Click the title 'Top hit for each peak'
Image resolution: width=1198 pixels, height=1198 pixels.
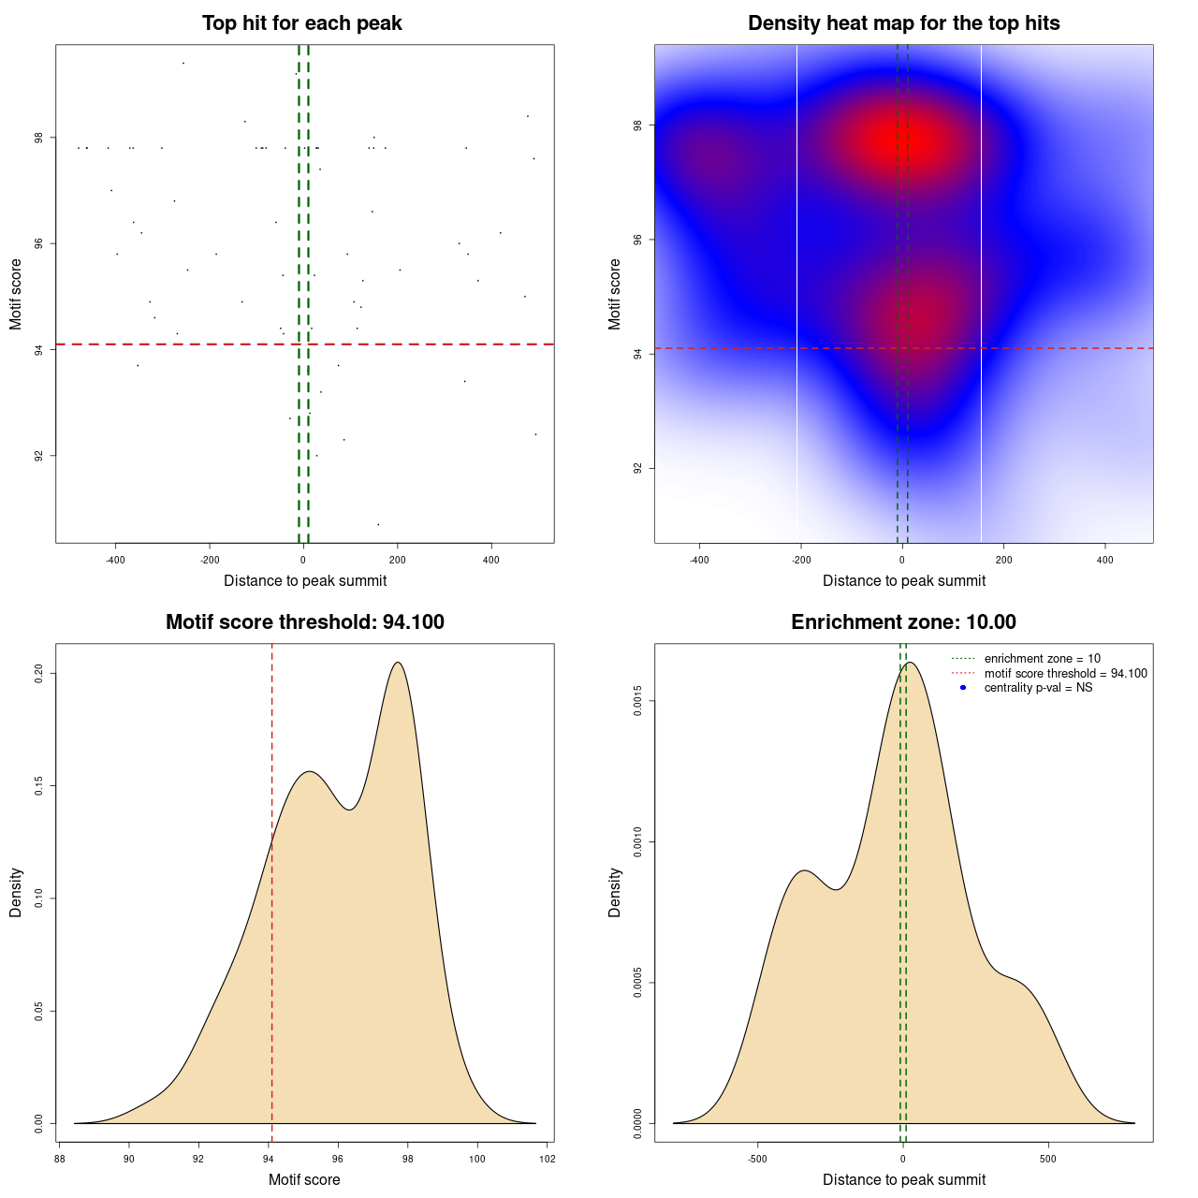pos(301,23)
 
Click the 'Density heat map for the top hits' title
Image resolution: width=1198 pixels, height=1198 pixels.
pos(903,23)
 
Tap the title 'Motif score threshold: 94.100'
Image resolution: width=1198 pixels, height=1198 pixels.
pos(304,622)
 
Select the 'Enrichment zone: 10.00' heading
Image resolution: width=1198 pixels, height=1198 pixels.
pos(903,622)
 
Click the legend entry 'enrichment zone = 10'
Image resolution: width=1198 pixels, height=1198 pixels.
pos(1042,659)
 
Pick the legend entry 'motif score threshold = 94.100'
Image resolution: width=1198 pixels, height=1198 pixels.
pos(1065,674)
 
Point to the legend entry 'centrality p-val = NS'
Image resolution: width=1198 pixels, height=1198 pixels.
pos(1038,688)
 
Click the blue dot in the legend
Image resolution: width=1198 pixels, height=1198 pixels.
pos(963,688)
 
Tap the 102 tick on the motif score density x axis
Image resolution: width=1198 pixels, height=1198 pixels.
pos(548,1159)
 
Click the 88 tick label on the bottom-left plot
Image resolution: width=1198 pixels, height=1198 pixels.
pos(60,1159)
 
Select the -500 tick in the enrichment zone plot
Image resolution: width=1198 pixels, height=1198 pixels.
pos(757,1159)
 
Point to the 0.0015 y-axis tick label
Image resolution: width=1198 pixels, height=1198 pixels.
pos(638,702)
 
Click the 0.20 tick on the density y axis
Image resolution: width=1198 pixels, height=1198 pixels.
pos(39,674)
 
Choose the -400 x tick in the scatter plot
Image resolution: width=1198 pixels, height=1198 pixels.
pos(115,560)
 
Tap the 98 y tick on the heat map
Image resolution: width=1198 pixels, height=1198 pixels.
pos(638,125)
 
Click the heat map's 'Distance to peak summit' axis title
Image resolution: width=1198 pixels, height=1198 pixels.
pos(903,580)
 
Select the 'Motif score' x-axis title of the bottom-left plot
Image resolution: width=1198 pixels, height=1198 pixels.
pos(304,1179)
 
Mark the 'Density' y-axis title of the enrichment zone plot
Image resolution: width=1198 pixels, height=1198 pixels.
pos(615,892)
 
